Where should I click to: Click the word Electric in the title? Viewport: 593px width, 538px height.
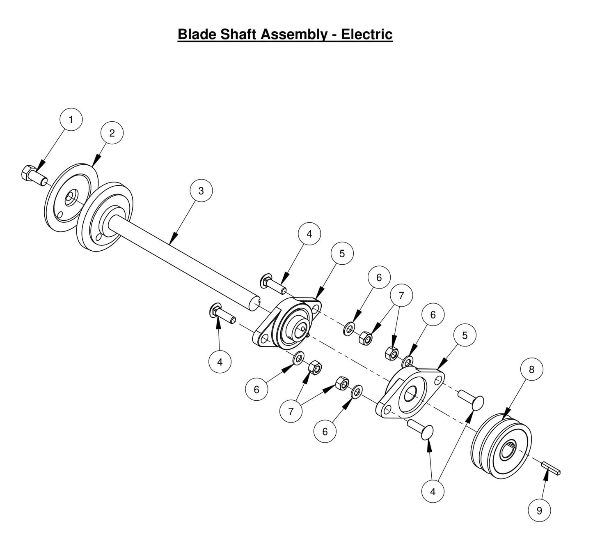[x=366, y=34]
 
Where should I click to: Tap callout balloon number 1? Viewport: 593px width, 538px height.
[x=71, y=120]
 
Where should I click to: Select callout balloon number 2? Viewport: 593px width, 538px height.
[x=112, y=133]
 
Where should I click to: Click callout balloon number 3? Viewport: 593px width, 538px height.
[x=201, y=191]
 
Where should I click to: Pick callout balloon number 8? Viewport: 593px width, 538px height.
[x=531, y=369]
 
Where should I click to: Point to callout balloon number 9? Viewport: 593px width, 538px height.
[x=539, y=510]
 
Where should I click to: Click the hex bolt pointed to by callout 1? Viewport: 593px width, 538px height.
[x=33, y=176]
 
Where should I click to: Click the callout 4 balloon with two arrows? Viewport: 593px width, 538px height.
[x=433, y=491]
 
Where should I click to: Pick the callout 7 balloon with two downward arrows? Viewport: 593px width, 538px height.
[x=401, y=295]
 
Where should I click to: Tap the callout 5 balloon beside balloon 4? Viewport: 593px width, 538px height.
[x=342, y=254]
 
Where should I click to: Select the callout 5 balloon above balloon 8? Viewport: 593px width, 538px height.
[x=465, y=335]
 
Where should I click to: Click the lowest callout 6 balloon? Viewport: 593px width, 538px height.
[x=325, y=431]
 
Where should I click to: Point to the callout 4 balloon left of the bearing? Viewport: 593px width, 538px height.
[x=220, y=362]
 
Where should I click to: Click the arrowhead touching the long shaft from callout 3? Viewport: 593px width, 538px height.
[x=174, y=238]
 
